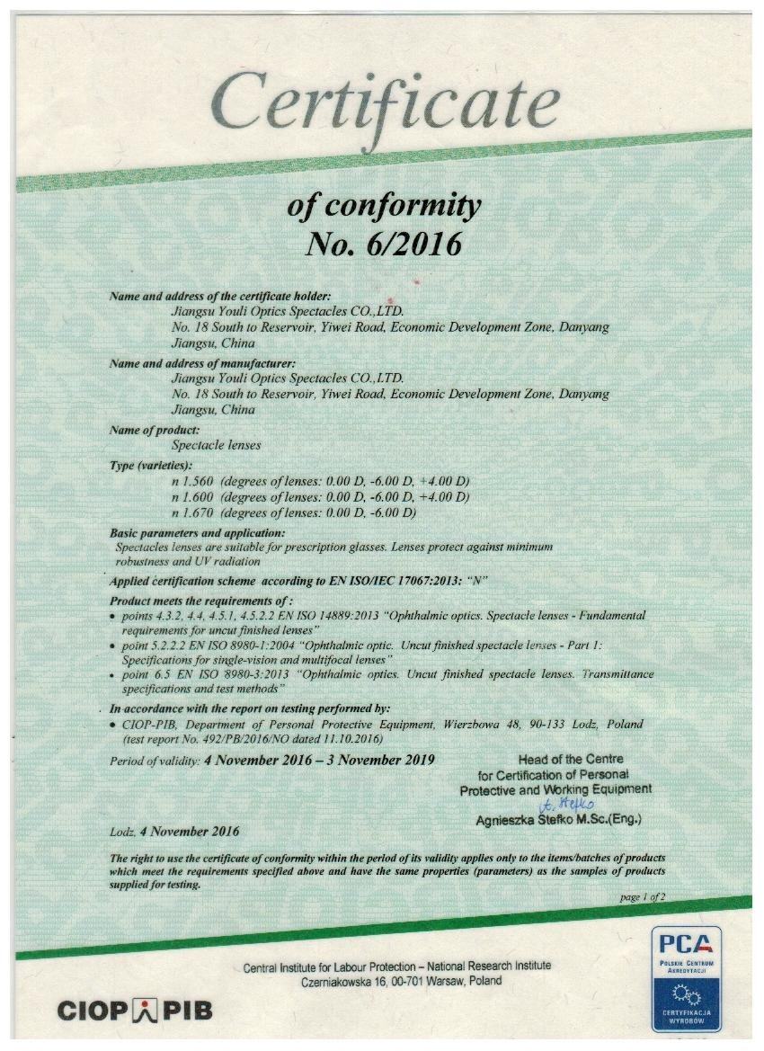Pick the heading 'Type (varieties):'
[x=151, y=466]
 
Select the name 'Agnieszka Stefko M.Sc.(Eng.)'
[x=558, y=820]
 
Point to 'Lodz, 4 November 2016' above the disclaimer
[x=174, y=832]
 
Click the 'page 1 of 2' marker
[x=642, y=897]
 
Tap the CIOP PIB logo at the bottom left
[x=135, y=1010]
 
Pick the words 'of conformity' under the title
[x=384, y=206]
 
